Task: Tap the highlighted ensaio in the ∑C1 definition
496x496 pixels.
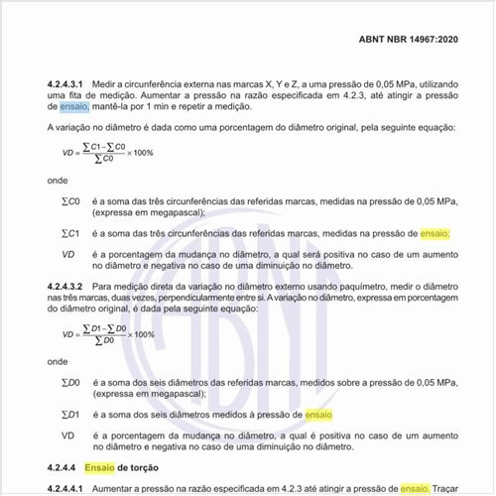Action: point(434,234)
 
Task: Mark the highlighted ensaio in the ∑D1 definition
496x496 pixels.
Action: point(318,413)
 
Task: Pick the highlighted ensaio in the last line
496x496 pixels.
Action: point(414,488)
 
